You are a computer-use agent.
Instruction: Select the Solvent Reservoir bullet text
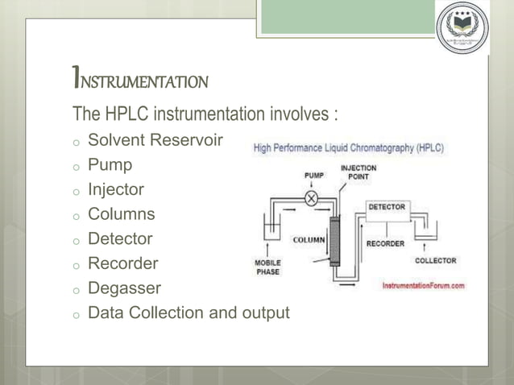pyautogui.click(x=155, y=141)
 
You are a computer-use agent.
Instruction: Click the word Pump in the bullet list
pyautogui.click(x=110, y=165)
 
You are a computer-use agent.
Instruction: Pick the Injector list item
pyautogui.click(x=116, y=190)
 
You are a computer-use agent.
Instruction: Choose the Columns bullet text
pyautogui.click(x=121, y=214)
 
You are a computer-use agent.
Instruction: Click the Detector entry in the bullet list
pyautogui.click(x=119, y=238)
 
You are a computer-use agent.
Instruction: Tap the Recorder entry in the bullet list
pyautogui.click(x=122, y=263)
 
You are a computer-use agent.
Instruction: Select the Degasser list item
pyautogui.click(x=124, y=288)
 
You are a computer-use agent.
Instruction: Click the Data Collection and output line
pyautogui.click(x=188, y=313)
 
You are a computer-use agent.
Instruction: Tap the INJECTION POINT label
pyautogui.click(x=359, y=172)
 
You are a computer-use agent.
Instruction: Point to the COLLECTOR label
pyautogui.click(x=435, y=260)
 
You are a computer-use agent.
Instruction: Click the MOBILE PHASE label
pyautogui.click(x=267, y=267)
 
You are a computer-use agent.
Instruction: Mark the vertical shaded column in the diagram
pyautogui.click(x=334, y=241)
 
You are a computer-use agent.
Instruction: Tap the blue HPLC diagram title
pyautogui.click(x=348, y=149)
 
